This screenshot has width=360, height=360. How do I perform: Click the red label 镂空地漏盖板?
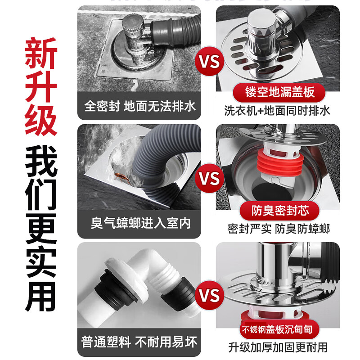[280, 92]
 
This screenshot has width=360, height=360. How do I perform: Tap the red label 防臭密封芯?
[280, 210]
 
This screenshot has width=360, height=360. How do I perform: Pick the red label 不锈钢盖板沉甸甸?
[280, 328]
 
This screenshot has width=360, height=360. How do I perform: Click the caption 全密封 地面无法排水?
[139, 107]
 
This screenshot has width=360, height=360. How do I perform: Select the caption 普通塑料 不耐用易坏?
[139, 342]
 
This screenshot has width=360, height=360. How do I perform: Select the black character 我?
[41, 162]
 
